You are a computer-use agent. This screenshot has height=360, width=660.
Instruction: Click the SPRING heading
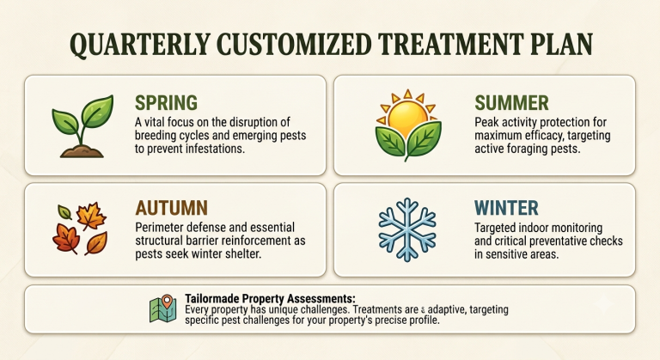[166, 103]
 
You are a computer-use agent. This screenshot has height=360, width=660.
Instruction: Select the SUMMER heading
[511, 103]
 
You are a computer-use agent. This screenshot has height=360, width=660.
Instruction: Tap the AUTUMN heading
[171, 208]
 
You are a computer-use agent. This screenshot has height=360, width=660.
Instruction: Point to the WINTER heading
[506, 208]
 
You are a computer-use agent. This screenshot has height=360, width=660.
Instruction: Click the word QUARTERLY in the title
[140, 44]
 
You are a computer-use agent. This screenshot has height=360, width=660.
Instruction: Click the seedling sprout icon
[82, 126]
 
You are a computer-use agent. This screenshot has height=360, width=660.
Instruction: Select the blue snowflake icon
[407, 229]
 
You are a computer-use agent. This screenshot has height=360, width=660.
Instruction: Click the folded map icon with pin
[163, 308]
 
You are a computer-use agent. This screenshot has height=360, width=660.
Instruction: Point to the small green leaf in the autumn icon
[64, 211]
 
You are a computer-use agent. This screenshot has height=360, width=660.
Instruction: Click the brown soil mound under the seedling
[82, 151]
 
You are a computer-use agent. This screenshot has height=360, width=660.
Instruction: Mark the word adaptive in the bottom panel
[446, 310]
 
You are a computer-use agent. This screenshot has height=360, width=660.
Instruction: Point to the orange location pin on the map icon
[167, 301]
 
